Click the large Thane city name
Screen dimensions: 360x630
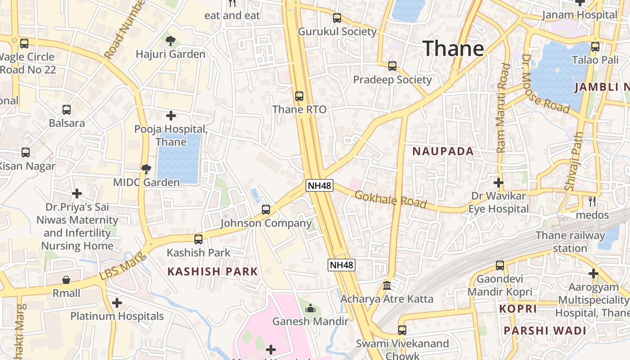(x=453, y=48)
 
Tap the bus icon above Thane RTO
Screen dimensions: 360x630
(x=299, y=96)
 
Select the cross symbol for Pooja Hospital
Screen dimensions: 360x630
(x=171, y=116)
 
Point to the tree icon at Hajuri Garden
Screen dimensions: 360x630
(x=171, y=41)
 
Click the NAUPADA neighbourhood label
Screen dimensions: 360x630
(x=443, y=151)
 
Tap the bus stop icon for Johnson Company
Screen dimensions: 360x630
(x=266, y=210)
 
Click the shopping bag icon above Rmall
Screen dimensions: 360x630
(x=66, y=280)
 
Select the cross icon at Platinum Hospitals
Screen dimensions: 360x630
(x=117, y=303)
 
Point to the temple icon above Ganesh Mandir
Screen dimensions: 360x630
(x=310, y=308)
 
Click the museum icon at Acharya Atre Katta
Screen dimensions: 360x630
(x=387, y=286)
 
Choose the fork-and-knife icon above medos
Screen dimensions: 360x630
(x=593, y=201)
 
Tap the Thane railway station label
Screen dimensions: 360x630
(x=570, y=242)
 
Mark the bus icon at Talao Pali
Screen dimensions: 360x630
(x=595, y=46)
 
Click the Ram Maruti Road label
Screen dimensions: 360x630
(x=503, y=108)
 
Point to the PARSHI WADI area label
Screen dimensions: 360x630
(x=545, y=331)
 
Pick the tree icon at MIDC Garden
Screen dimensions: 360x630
(x=146, y=169)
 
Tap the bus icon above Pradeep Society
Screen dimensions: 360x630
(x=392, y=66)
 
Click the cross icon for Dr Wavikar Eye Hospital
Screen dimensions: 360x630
(x=498, y=183)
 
